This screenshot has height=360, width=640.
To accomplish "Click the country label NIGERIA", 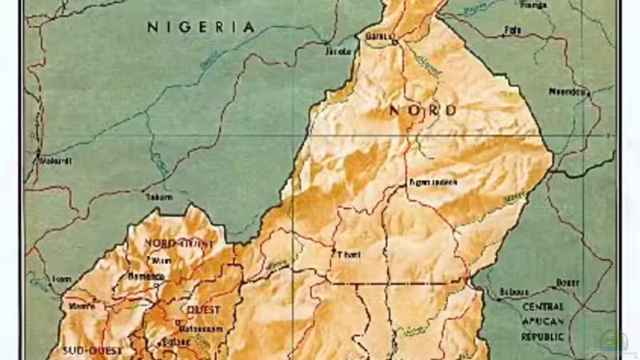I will click(x=202, y=27).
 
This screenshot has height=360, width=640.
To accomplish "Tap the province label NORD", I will click(x=423, y=110).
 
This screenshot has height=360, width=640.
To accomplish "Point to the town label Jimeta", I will click(x=338, y=52).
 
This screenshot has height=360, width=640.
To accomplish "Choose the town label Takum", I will click(x=158, y=197).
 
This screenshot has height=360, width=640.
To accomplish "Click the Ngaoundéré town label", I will click(x=433, y=182).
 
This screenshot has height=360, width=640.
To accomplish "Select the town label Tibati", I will click(x=350, y=255).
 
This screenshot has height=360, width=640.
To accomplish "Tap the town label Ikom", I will click(x=62, y=278).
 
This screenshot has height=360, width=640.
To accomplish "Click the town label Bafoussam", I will click(x=198, y=327).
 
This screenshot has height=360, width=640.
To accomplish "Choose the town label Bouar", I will click(x=567, y=282).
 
